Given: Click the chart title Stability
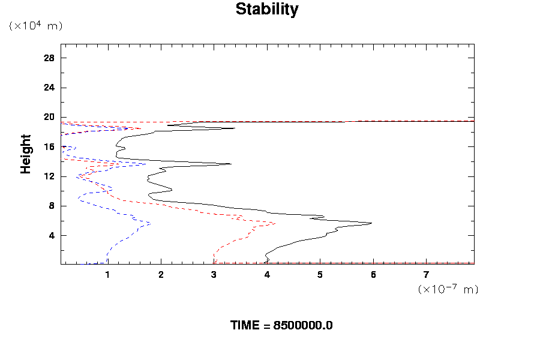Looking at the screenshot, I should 266,10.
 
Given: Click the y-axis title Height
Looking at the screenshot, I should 26,154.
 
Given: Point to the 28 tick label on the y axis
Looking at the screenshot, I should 49,58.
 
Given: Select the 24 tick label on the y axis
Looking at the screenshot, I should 49,88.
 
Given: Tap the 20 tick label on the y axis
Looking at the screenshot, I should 49,117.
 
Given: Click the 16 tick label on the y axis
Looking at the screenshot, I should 49,147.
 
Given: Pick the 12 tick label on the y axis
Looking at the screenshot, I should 49,176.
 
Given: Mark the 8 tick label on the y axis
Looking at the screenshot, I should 52,206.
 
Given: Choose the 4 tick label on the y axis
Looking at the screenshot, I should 52,235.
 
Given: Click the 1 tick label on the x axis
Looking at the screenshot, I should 108,275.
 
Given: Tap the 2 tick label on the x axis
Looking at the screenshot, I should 161,275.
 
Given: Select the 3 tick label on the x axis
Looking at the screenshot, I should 214,275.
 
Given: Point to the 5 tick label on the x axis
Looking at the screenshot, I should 320,275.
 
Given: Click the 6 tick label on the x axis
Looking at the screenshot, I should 373,275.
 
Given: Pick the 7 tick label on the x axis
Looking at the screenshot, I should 426,275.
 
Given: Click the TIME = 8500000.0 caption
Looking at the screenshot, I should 281,325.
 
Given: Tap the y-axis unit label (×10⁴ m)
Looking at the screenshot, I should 36,26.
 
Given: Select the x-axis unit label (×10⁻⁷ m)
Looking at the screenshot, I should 448,289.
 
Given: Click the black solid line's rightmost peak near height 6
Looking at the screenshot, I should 371,223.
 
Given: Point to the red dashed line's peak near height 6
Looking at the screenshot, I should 275,223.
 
